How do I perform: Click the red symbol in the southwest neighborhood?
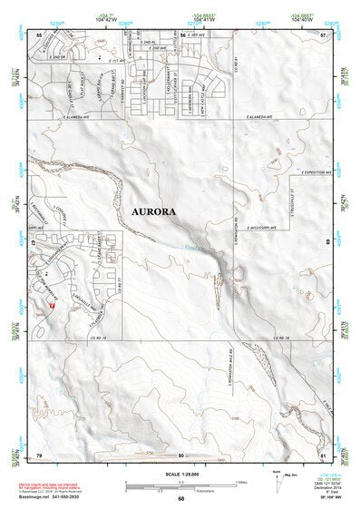tap(53, 306)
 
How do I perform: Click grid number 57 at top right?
tap(323, 34)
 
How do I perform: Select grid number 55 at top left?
tap(39, 34)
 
